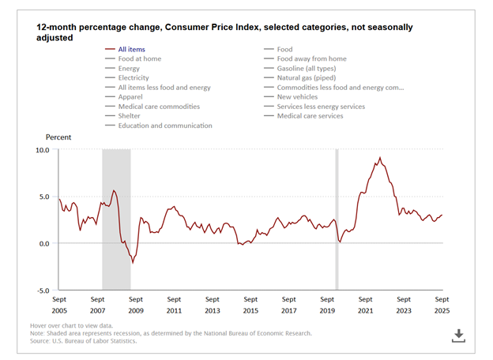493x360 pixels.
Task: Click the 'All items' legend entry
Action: pyautogui.click(x=132, y=49)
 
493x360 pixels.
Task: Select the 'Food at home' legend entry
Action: pyautogui.click(x=140, y=58)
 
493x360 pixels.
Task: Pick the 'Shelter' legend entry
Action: pyautogui.click(x=130, y=115)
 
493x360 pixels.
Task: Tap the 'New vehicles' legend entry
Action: pyautogui.click(x=300, y=96)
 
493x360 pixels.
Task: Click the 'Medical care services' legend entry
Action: pyautogui.click(x=310, y=115)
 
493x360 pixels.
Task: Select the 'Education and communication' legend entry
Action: pyautogui.click(x=165, y=125)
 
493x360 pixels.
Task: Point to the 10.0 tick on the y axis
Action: pyautogui.click(x=40, y=149)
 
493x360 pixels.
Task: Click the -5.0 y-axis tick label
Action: pyautogui.click(x=41, y=291)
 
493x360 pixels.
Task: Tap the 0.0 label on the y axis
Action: pyautogui.click(x=43, y=243)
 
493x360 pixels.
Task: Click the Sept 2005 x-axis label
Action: pyautogui.click(x=59, y=306)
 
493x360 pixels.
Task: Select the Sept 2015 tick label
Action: pyautogui.click(x=250, y=306)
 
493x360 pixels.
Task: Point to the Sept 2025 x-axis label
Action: pyautogui.click(x=442, y=306)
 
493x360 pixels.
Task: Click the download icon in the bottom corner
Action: pyautogui.click(x=457, y=336)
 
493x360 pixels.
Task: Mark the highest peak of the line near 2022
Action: pyautogui.click(x=380, y=157)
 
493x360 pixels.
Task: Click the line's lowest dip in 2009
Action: pyautogui.click(x=133, y=262)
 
